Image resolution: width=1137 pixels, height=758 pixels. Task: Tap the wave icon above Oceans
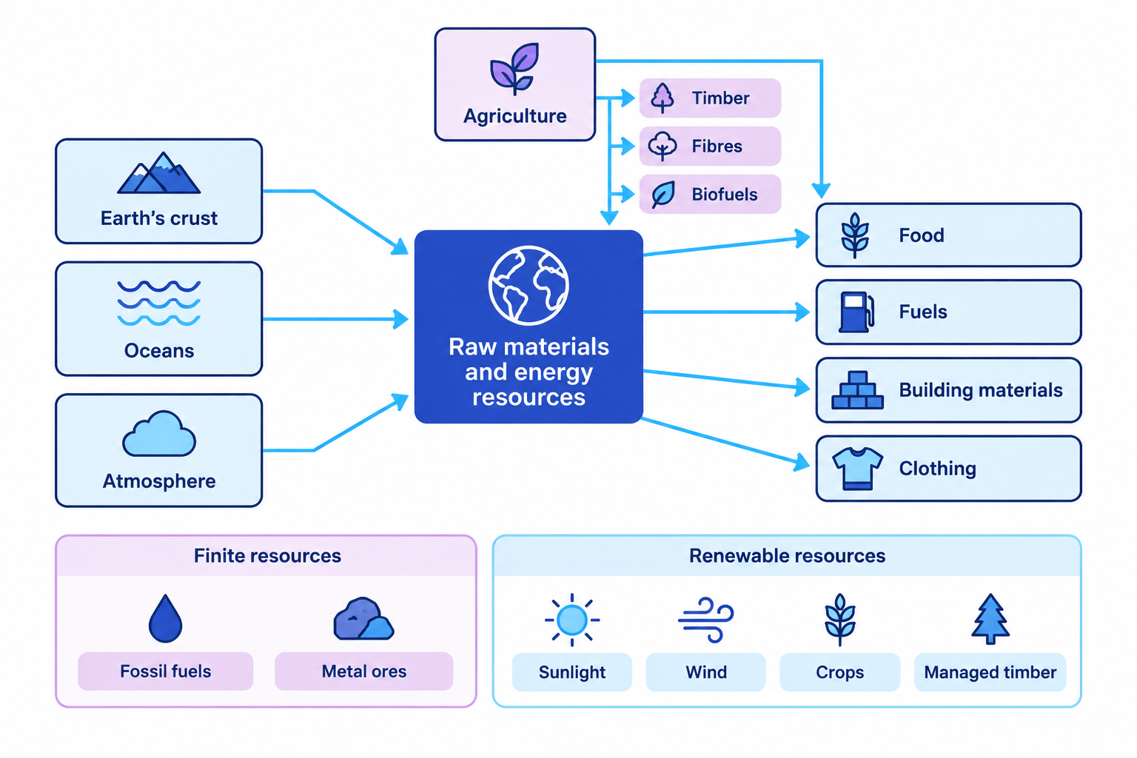point(159,303)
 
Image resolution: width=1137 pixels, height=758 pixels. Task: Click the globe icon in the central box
point(529,285)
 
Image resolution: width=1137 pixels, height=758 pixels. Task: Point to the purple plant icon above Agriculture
point(514,69)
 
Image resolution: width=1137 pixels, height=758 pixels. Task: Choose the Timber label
point(720,98)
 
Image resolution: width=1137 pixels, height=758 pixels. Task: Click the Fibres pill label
point(710,147)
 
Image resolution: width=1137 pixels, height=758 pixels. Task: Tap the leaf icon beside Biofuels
point(663,195)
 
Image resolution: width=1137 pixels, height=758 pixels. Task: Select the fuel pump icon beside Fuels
point(856,312)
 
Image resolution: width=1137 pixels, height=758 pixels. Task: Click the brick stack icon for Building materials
point(857,390)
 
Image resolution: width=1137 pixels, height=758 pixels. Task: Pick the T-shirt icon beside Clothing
point(857,468)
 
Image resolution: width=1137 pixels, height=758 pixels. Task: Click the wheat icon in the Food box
point(855,235)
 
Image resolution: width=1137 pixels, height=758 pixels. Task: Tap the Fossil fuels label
point(166,671)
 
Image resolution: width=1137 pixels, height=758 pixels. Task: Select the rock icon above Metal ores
point(363,618)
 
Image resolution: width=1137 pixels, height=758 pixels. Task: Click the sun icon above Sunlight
point(572,620)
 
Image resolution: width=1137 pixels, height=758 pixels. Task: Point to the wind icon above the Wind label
point(706,620)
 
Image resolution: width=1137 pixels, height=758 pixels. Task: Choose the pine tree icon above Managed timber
point(990,619)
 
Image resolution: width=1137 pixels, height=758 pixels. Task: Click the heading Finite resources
point(267,556)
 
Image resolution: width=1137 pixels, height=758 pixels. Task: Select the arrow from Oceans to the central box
point(335,319)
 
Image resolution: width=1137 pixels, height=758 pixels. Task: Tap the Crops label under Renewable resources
point(839,672)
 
